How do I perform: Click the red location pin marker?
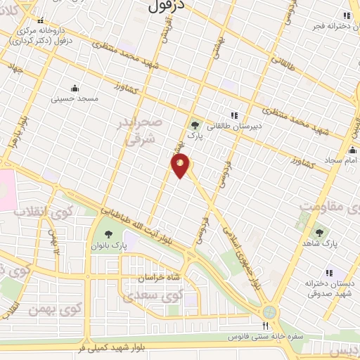[181, 166]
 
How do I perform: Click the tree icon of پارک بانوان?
[108, 232]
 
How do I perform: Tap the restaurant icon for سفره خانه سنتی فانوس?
[265, 326]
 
